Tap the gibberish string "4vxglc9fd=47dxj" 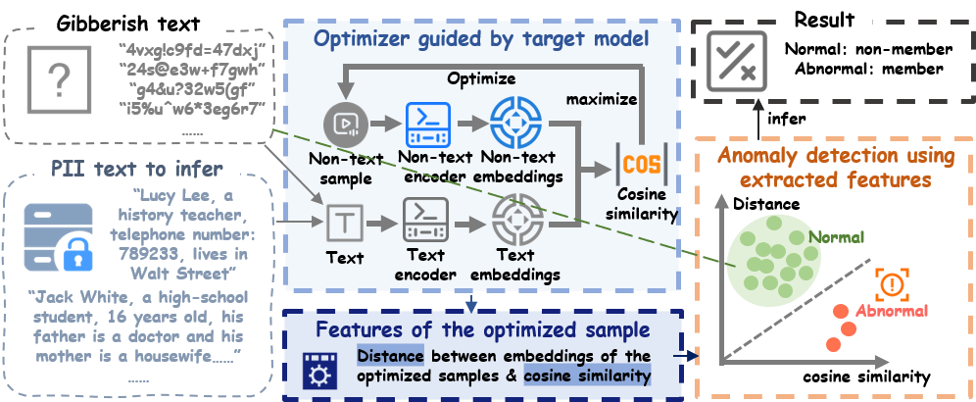[x=187, y=48]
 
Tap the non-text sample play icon [x=344, y=125]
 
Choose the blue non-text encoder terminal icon [x=426, y=125]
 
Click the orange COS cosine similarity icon [x=641, y=163]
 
